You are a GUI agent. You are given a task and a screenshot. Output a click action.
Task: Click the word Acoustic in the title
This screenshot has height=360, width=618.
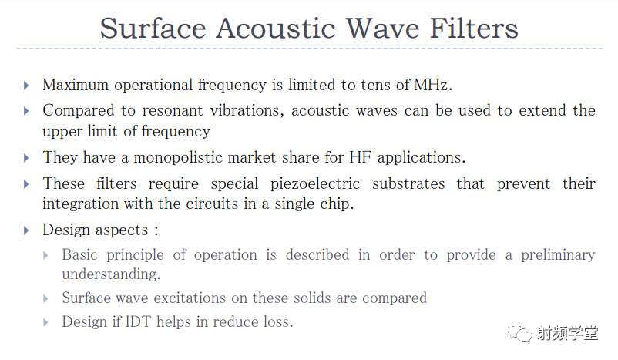click(276, 29)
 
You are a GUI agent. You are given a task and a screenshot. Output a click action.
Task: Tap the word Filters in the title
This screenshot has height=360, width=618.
click(474, 29)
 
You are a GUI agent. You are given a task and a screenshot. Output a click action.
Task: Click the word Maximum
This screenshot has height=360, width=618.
click(76, 85)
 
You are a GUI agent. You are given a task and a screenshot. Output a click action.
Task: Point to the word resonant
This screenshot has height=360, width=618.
click(173, 110)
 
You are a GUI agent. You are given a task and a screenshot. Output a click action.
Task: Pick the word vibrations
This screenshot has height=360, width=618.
click(247, 110)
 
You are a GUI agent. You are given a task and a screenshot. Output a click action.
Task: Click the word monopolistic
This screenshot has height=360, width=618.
click(204, 157)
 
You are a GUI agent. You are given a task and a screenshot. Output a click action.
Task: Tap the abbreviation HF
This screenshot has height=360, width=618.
click(360, 157)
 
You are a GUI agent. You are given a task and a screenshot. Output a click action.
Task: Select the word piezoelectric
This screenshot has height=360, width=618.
click(315, 183)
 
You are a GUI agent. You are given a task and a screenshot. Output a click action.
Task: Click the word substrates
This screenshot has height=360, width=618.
click(408, 183)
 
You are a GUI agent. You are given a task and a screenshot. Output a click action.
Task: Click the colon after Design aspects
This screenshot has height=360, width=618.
click(156, 230)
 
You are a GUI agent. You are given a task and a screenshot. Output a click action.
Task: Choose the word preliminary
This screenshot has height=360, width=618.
click(558, 255)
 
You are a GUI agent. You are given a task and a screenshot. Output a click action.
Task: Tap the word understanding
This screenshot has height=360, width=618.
click(111, 274)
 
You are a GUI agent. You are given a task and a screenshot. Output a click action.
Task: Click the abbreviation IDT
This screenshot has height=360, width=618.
click(138, 321)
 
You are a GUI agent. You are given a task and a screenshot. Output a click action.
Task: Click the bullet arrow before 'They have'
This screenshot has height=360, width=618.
click(26, 158)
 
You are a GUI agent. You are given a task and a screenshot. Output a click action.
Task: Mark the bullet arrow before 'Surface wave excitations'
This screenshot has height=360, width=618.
click(45, 298)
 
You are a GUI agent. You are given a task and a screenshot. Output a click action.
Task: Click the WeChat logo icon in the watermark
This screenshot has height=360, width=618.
click(519, 333)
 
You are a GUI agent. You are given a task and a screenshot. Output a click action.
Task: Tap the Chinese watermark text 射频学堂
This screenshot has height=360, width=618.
click(568, 333)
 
